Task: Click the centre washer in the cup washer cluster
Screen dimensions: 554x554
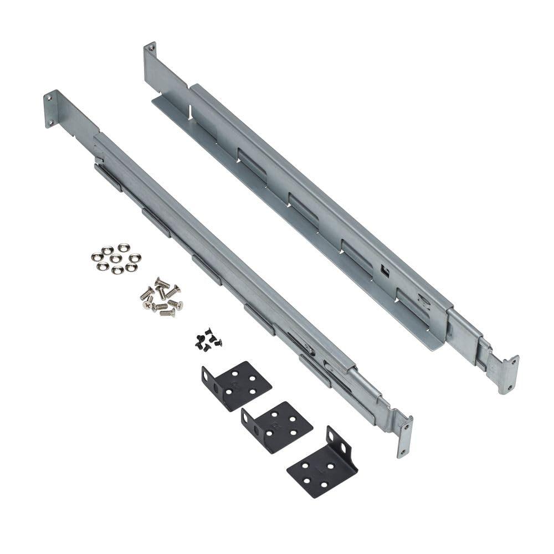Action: click(115, 259)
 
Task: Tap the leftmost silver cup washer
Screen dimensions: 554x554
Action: click(98, 257)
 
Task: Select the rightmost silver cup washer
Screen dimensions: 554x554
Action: click(135, 258)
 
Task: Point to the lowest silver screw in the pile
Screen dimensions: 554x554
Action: click(166, 313)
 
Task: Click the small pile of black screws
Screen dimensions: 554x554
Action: click(208, 340)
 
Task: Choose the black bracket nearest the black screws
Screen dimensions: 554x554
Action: click(236, 384)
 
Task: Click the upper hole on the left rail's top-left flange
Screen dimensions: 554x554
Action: click(49, 98)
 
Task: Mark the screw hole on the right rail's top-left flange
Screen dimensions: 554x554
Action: click(150, 51)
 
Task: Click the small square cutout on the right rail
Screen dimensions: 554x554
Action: click(384, 270)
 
